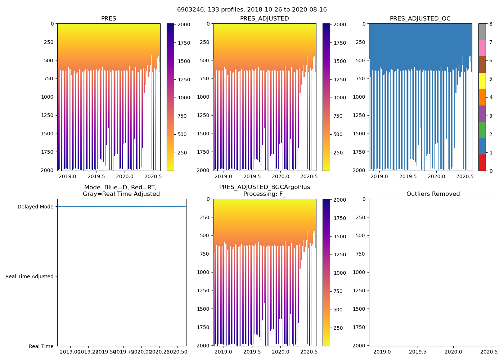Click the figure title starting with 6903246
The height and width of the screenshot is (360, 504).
point(252,10)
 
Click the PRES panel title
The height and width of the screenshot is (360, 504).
point(108,19)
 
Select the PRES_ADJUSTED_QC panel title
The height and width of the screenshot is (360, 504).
point(420,19)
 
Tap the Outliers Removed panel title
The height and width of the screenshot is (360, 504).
point(433,194)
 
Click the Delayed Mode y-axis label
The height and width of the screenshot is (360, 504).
point(35,207)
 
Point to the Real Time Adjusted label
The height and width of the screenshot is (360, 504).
point(30,276)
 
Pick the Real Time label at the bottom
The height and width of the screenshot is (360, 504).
point(41,346)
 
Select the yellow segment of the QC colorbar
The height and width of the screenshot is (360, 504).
point(482,81)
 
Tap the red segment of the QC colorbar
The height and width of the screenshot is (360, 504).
point(482,162)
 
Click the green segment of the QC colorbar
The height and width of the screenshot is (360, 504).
point(482,130)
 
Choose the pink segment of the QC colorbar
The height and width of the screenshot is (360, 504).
point(482,48)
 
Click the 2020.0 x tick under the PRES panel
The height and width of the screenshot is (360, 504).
point(125,176)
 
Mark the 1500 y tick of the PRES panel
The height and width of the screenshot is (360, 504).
point(48,134)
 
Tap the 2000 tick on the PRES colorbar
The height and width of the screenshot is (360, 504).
point(184,24)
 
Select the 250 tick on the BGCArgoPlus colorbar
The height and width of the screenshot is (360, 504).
point(338,328)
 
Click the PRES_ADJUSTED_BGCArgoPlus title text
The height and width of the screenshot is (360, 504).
point(264,187)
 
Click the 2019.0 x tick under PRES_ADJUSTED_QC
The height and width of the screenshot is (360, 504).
point(379,176)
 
